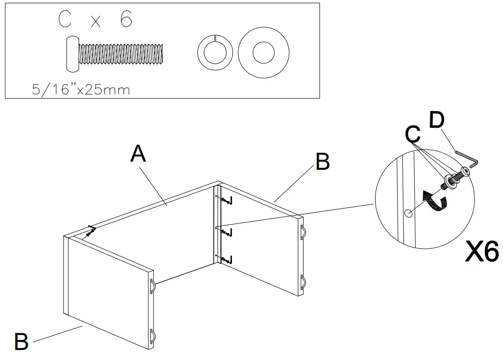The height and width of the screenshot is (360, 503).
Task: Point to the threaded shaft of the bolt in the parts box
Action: click(122, 53)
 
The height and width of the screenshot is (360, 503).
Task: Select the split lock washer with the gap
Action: click(215, 51)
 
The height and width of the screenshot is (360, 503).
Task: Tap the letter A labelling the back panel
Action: click(138, 154)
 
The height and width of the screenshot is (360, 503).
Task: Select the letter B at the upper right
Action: click(323, 162)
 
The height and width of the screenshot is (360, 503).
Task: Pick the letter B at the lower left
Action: click(21, 341)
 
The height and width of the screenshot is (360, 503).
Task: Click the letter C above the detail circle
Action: click(413, 135)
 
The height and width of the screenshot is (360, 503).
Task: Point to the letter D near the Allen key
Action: click(437, 120)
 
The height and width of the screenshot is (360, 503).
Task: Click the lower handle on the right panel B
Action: click(303, 282)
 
